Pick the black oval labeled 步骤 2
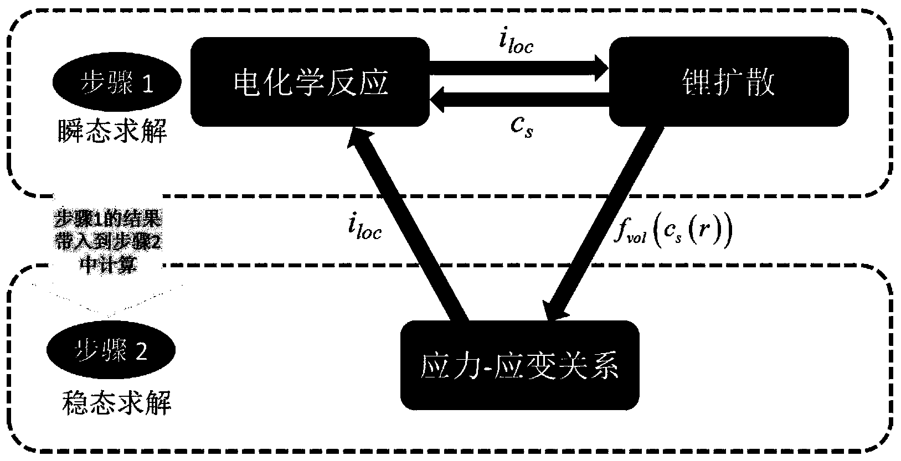click(x=111, y=350)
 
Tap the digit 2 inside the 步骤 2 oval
click(x=141, y=351)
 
